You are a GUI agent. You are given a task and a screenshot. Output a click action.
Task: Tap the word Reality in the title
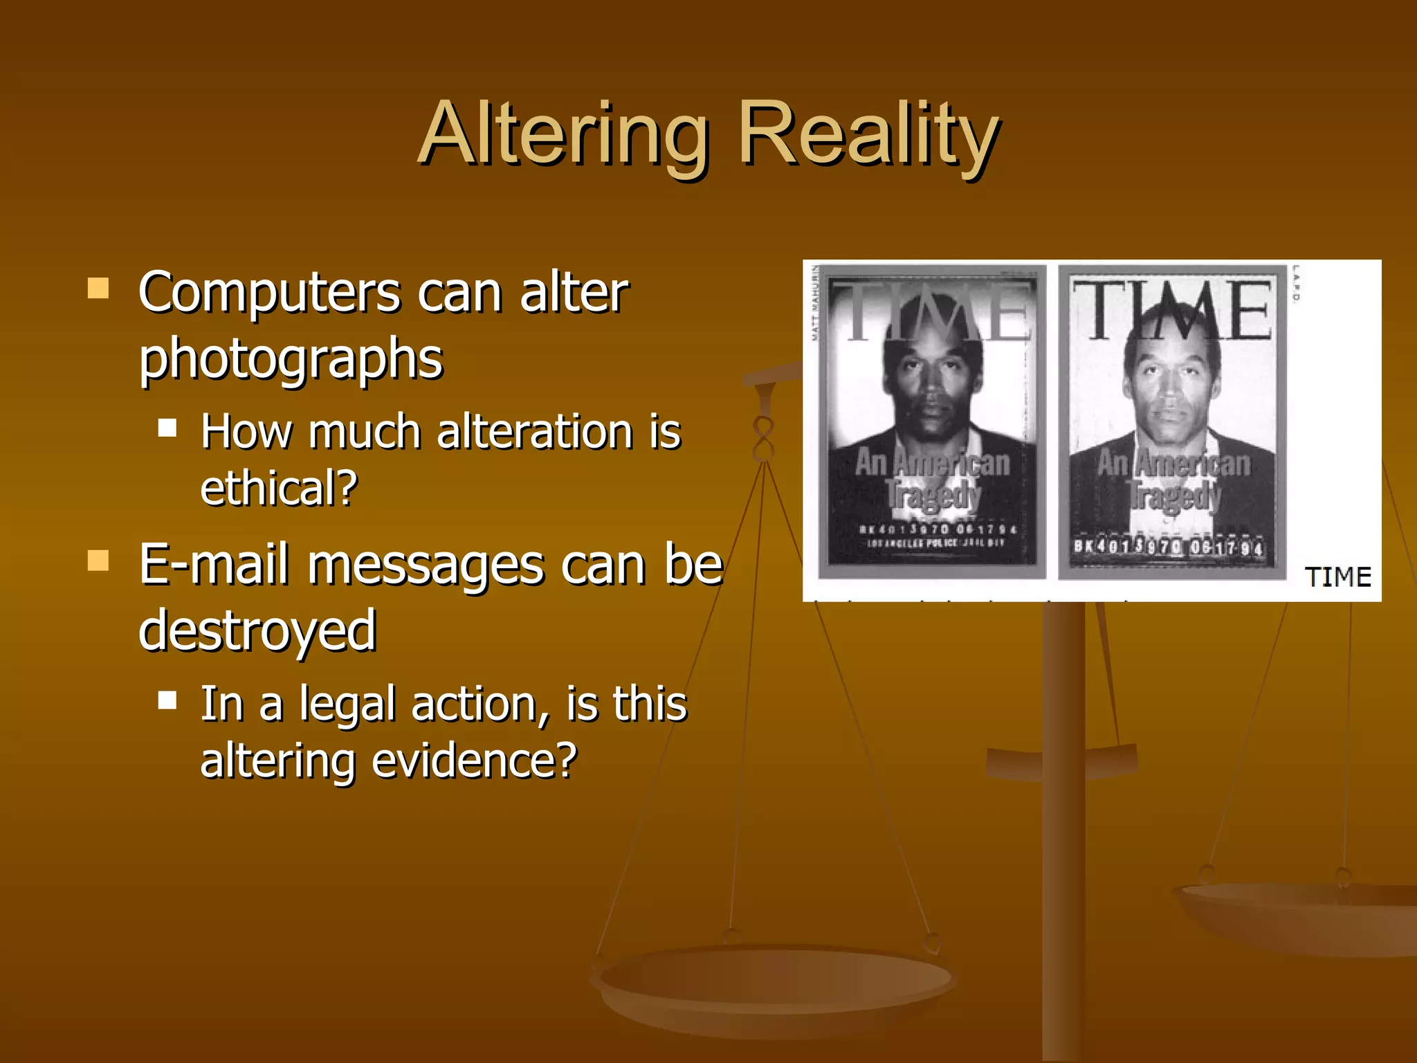pyautogui.click(x=868, y=135)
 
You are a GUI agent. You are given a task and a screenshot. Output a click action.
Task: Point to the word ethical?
pyautogui.click(x=279, y=488)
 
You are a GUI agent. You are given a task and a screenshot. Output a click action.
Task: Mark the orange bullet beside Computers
pyautogui.click(x=98, y=288)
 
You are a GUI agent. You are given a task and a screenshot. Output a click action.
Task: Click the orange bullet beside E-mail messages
pyautogui.click(x=98, y=560)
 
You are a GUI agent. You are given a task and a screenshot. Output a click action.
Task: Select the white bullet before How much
pyautogui.click(x=167, y=428)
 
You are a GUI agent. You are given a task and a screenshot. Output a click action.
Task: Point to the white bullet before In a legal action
pyautogui.click(x=167, y=700)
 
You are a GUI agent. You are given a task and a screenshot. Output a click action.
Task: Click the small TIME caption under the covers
pyautogui.click(x=1337, y=577)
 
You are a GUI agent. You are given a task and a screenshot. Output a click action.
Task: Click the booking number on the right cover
pyautogui.click(x=1168, y=547)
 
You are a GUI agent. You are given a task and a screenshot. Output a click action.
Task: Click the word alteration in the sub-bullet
pyautogui.click(x=535, y=432)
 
